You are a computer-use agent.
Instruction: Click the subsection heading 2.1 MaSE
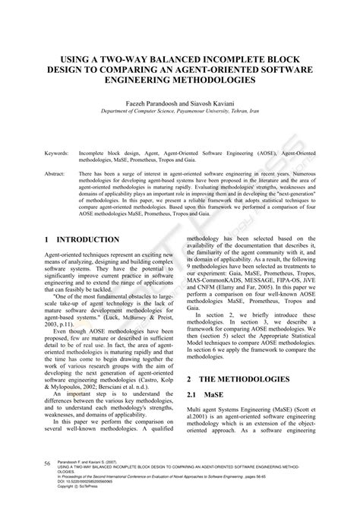204,395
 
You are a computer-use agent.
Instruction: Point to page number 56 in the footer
47,484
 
